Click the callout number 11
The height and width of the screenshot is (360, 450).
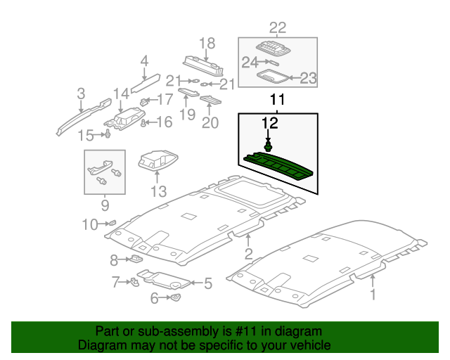(278, 100)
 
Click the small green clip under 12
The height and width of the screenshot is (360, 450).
(268, 147)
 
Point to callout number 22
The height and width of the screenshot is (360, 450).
(278, 28)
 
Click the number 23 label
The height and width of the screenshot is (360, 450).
(309, 78)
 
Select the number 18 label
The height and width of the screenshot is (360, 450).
(206, 43)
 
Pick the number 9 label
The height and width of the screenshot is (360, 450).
(105, 205)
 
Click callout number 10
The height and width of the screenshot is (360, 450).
(89, 225)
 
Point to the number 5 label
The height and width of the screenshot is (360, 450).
(207, 284)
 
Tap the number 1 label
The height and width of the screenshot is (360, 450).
(373, 295)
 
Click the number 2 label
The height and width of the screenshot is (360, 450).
(248, 253)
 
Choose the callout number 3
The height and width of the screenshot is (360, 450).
(81, 94)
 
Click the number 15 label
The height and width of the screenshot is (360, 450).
(86, 135)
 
